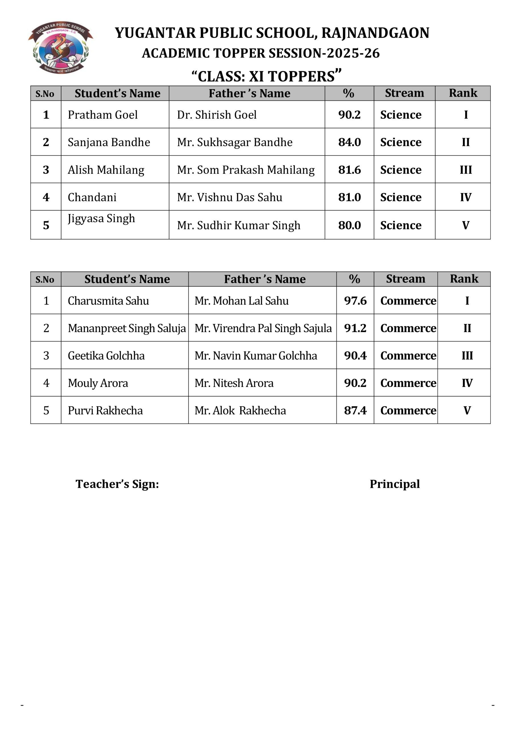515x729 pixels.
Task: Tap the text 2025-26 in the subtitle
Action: [353, 53]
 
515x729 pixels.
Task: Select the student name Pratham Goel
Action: [103, 115]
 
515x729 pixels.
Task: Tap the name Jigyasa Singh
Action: [102, 218]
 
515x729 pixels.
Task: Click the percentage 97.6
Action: [355, 300]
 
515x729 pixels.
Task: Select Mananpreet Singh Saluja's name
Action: [127, 328]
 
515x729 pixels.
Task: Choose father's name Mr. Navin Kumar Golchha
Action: [256, 355]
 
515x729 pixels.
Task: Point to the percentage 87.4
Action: [355, 410]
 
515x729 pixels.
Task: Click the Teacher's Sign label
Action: [117, 484]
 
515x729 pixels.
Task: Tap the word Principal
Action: [394, 484]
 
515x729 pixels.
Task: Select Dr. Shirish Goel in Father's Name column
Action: [217, 115]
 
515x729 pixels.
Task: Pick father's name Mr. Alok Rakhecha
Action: [240, 410]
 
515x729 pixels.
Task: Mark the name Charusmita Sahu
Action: [108, 300]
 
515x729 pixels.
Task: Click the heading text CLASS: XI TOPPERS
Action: [266, 76]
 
